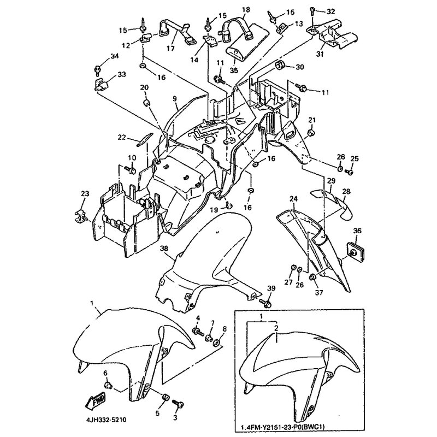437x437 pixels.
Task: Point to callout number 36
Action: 357,231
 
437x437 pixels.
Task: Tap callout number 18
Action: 246,10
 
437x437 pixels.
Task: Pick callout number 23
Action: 85,194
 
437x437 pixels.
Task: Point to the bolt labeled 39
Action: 269,302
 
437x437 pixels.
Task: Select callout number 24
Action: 293,199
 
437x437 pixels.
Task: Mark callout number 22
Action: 121,137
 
